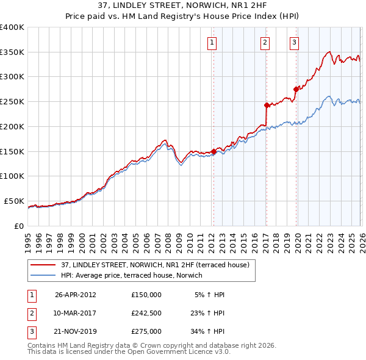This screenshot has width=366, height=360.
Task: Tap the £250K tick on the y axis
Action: click(x=12, y=102)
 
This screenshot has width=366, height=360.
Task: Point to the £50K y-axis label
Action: click(x=14, y=201)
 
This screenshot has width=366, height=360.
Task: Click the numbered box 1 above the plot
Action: click(x=212, y=42)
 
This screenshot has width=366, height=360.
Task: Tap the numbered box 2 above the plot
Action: click(x=265, y=42)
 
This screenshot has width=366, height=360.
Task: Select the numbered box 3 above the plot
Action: click(x=294, y=42)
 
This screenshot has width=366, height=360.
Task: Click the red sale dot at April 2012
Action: click(x=213, y=152)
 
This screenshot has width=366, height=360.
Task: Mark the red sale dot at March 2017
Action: click(x=267, y=105)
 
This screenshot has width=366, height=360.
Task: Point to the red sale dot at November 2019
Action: click(x=296, y=89)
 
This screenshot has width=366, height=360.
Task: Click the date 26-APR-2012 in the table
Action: click(x=76, y=294)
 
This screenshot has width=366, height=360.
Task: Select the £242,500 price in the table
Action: click(x=146, y=313)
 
